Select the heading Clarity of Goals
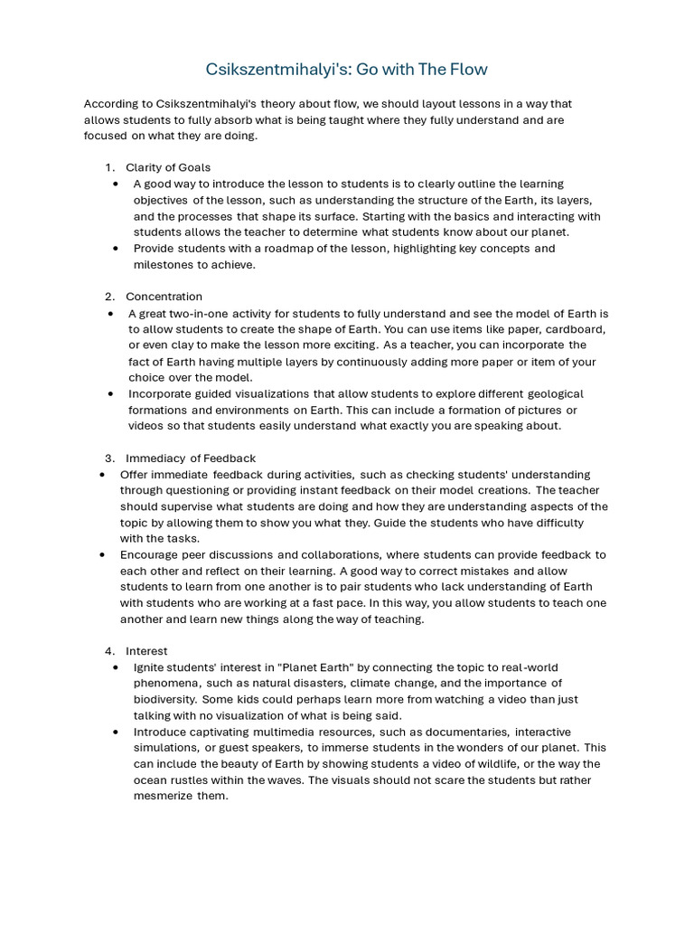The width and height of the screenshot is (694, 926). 168,167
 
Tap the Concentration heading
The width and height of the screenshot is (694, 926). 164,297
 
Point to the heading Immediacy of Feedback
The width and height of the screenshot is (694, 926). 191,458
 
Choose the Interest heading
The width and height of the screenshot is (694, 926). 146,651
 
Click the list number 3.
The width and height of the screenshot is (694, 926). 108,458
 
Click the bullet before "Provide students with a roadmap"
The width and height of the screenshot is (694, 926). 116,249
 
